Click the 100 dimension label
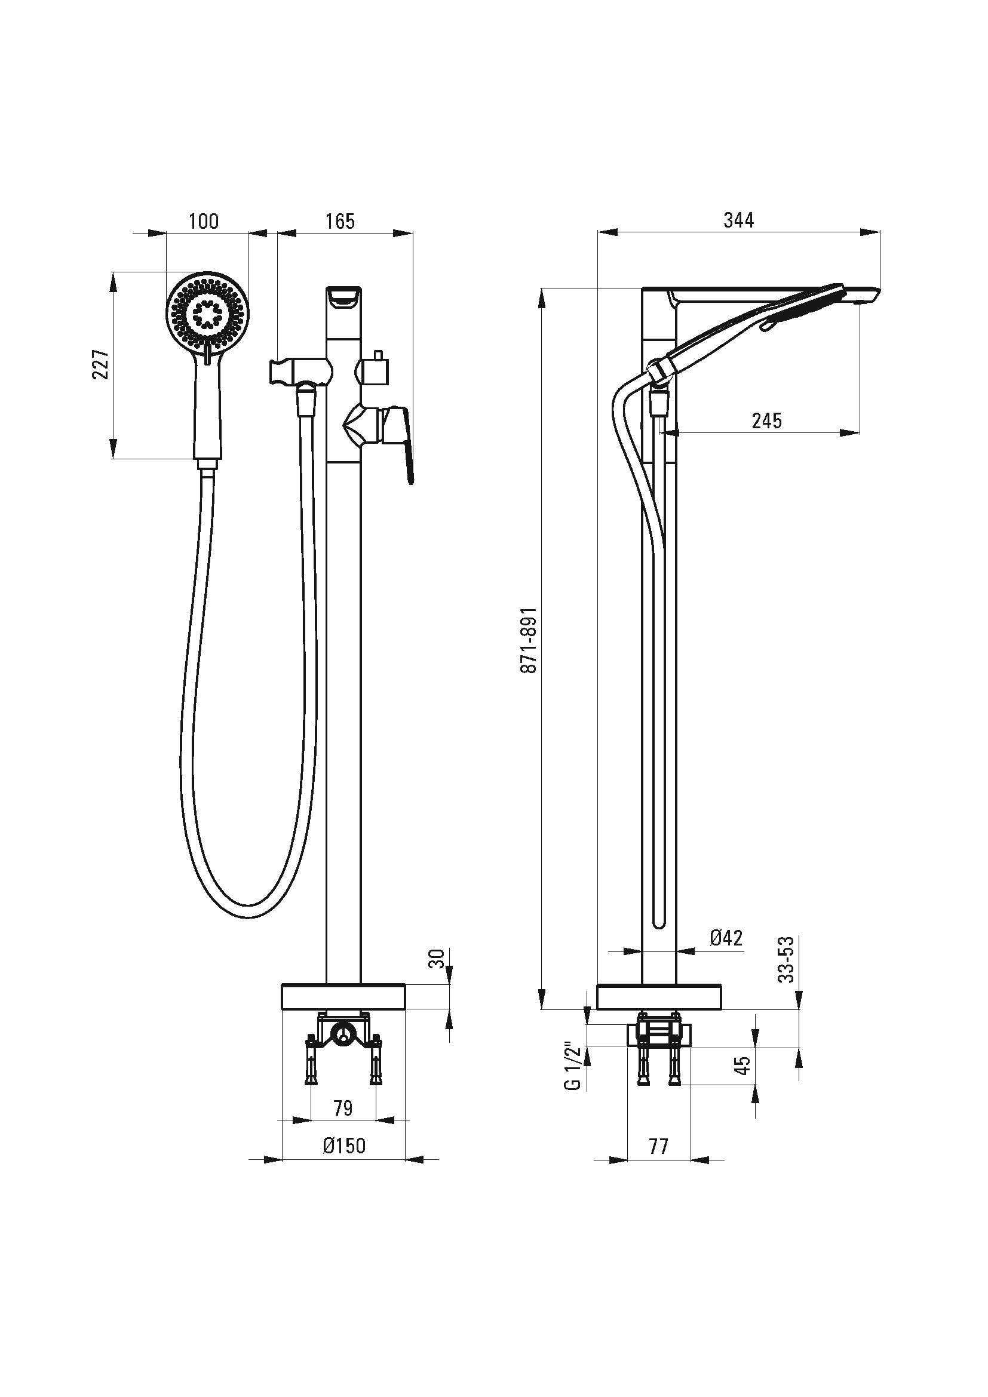(203, 221)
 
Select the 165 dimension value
(339, 221)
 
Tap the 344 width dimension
(738, 220)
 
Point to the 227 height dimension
(101, 364)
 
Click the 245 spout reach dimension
(766, 420)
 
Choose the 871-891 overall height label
(529, 640)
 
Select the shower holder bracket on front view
(300, 370)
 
